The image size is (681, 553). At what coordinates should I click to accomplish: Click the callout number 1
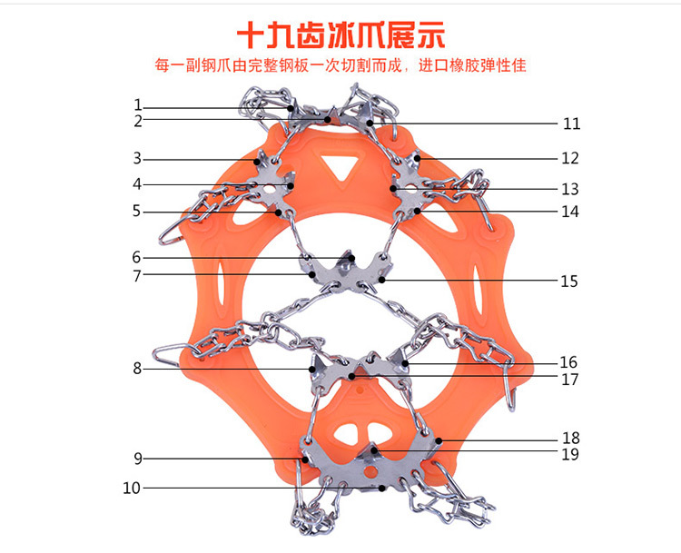pyautogui.click(x=138, y=104)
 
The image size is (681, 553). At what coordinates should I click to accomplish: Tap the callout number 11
pyautogui.click(x=571, y=123)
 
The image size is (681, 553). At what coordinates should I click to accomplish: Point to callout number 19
pyautogui.click(x=570, y=454)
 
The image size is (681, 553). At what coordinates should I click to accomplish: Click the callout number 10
pyautogui.click(x=132, y=489)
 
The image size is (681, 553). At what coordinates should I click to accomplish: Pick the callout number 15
pyautogui.click(x=569, y=281)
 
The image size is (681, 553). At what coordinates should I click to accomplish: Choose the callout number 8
pyautogui.click(x=137, y=369)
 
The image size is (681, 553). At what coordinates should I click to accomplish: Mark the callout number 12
pyautogui.click(x=569, y=158)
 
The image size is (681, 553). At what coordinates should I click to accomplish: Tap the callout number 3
pyautogui.click(x=137, y=158)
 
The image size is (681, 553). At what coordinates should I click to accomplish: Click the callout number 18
pyautogui.click(x=570, y=438)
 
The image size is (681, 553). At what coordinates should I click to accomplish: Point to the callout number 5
pyautogui.click(x=137, y=211)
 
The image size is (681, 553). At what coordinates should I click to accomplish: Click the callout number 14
pyautogui.click(x=569, y=212)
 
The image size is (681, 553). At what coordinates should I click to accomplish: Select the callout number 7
pyautogui.click(x=137, y=274)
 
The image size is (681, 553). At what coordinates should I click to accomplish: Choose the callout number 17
pyautogui.click(x=569, y=380)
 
